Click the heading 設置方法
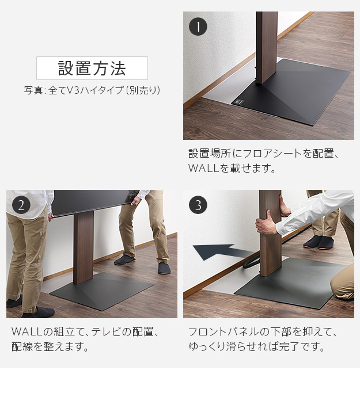(x=92, y=68)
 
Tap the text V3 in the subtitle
(x=73, y=90)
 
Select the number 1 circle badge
(x=198, y=26)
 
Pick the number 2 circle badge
(x=21, y=205)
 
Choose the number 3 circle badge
(x=198, y=205)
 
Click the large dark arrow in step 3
(x=219, y=252)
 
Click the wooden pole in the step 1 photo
(x=267, y=46)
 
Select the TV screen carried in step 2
(x=92, y=201)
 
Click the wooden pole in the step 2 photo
(x=84, y=247)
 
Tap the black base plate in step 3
(x=288, y=282)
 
